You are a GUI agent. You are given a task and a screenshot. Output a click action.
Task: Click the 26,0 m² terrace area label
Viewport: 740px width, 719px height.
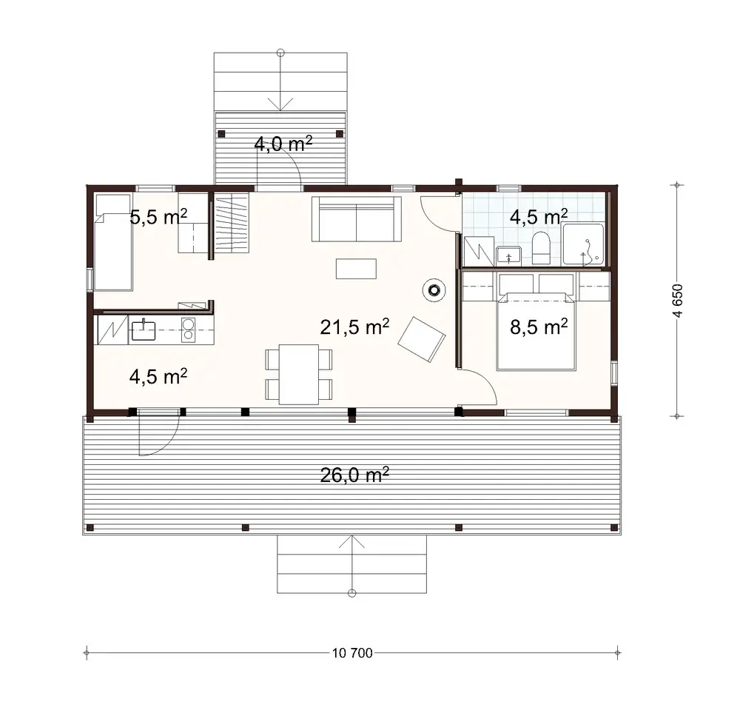pyautogui.click(x=354, y=475)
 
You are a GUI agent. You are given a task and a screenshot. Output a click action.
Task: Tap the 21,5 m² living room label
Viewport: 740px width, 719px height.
pyautogui.click(x=354, y=327)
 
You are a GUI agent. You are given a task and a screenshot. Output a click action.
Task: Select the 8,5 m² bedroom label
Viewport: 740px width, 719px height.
pyautogui.click(x=539, y=326)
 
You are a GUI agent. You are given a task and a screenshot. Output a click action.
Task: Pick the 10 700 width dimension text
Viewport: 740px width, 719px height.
pyautogui.click(x=353, y=652)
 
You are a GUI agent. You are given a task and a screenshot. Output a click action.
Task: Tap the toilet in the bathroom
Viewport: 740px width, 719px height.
pyautogui.click(x=540, y=249)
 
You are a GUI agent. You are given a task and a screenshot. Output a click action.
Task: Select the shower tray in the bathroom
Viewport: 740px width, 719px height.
pyautogui.click(x=585, y=245)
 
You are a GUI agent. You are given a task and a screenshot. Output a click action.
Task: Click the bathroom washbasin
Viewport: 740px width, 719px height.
pyautogui.click(x=509, y=256)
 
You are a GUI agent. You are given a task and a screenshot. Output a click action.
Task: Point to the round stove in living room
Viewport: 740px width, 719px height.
pyautogui.click(x=433, y=290)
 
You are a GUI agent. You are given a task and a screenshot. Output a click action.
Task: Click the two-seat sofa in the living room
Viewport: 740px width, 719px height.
pyautogui.click(x=357, y=220)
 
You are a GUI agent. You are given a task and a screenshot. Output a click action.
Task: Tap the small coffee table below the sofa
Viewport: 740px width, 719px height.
pyautogui.click(x=356, y=268)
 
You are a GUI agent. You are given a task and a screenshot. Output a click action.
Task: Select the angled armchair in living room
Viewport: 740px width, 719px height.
pyautogui.click(x=421, y=339)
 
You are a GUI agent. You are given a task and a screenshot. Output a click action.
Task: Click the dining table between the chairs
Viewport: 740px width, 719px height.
pyautogui.click(x=299, y=374)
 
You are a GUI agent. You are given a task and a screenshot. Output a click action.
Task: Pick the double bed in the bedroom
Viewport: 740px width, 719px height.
pyautogui.click(x=535, y=331)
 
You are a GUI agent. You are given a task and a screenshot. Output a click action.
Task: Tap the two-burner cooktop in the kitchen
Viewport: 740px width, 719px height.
pyautogui.click(x=188, y=330)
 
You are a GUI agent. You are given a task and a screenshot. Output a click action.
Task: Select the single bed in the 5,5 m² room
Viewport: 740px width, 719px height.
pyautogui.click(x=112, y=242)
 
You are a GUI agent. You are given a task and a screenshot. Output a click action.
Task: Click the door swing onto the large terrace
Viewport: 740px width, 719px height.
pyautogui.click(x=157, y=433)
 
